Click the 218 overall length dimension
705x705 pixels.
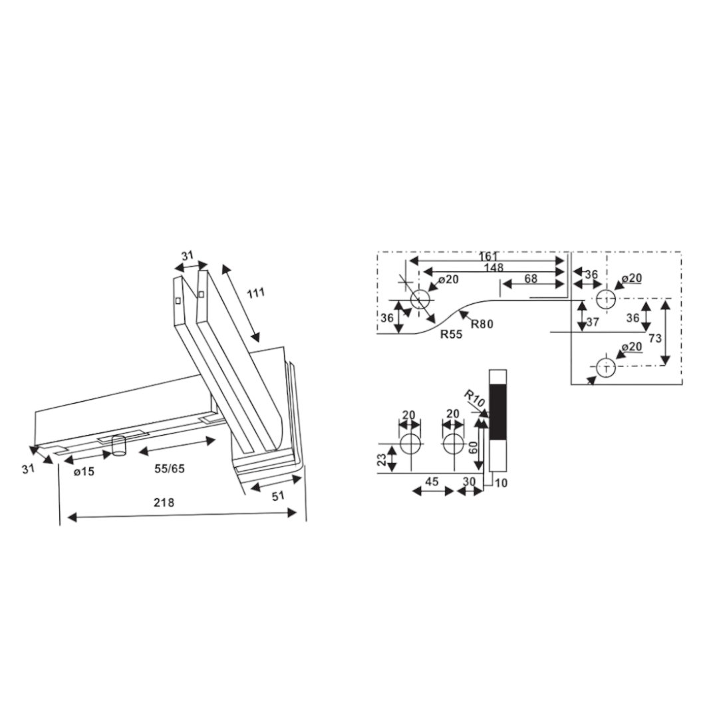coord(164,501)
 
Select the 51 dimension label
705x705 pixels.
coord(279,496)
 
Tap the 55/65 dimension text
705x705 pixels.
coord(170,468)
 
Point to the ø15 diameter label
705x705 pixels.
coord(84,472)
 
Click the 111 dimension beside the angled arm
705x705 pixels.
coord(255,293)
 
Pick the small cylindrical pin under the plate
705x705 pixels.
coord(119,445)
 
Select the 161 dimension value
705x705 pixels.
coord(488,257)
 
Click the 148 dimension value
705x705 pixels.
coord(493,268)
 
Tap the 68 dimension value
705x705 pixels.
coord(531,279)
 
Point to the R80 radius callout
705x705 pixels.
coord(482,324)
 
